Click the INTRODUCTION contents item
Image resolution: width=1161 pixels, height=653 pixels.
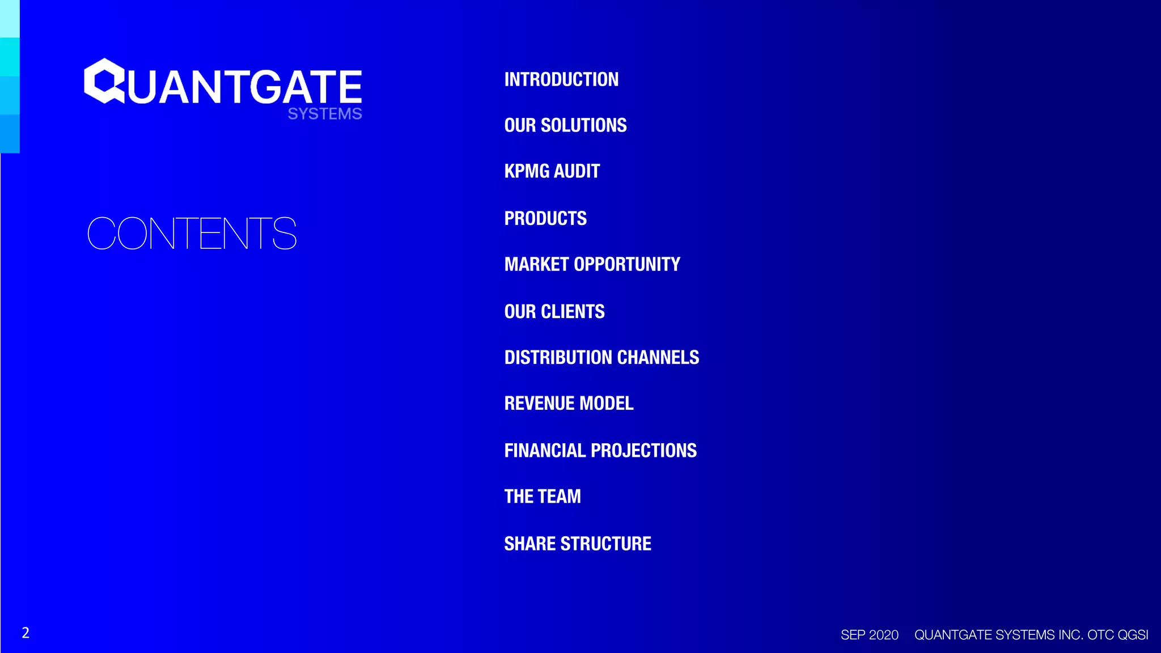(561, 79)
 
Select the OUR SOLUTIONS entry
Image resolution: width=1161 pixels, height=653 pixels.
(565, 125)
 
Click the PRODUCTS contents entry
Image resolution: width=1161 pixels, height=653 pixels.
(545, 218)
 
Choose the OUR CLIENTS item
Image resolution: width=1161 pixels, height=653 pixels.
(554, 311)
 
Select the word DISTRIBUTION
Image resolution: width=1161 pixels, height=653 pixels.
(558, 358)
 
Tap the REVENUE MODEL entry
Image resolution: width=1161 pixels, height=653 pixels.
(569, 404)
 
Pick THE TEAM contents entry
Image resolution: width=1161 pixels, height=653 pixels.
(543, 497)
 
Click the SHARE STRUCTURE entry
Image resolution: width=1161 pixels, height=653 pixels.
(578, 544)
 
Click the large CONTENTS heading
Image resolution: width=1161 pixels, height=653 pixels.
(192, 234)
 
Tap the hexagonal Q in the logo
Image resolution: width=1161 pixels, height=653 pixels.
(104, 81)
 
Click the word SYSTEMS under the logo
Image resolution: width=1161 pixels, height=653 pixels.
(324, 114)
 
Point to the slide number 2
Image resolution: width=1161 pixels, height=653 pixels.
(26, 633)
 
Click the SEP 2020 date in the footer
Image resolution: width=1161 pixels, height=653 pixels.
(869, 635)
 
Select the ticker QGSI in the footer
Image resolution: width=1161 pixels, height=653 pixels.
(1133, 635)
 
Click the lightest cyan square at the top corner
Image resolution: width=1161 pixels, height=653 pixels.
(10, 18)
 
